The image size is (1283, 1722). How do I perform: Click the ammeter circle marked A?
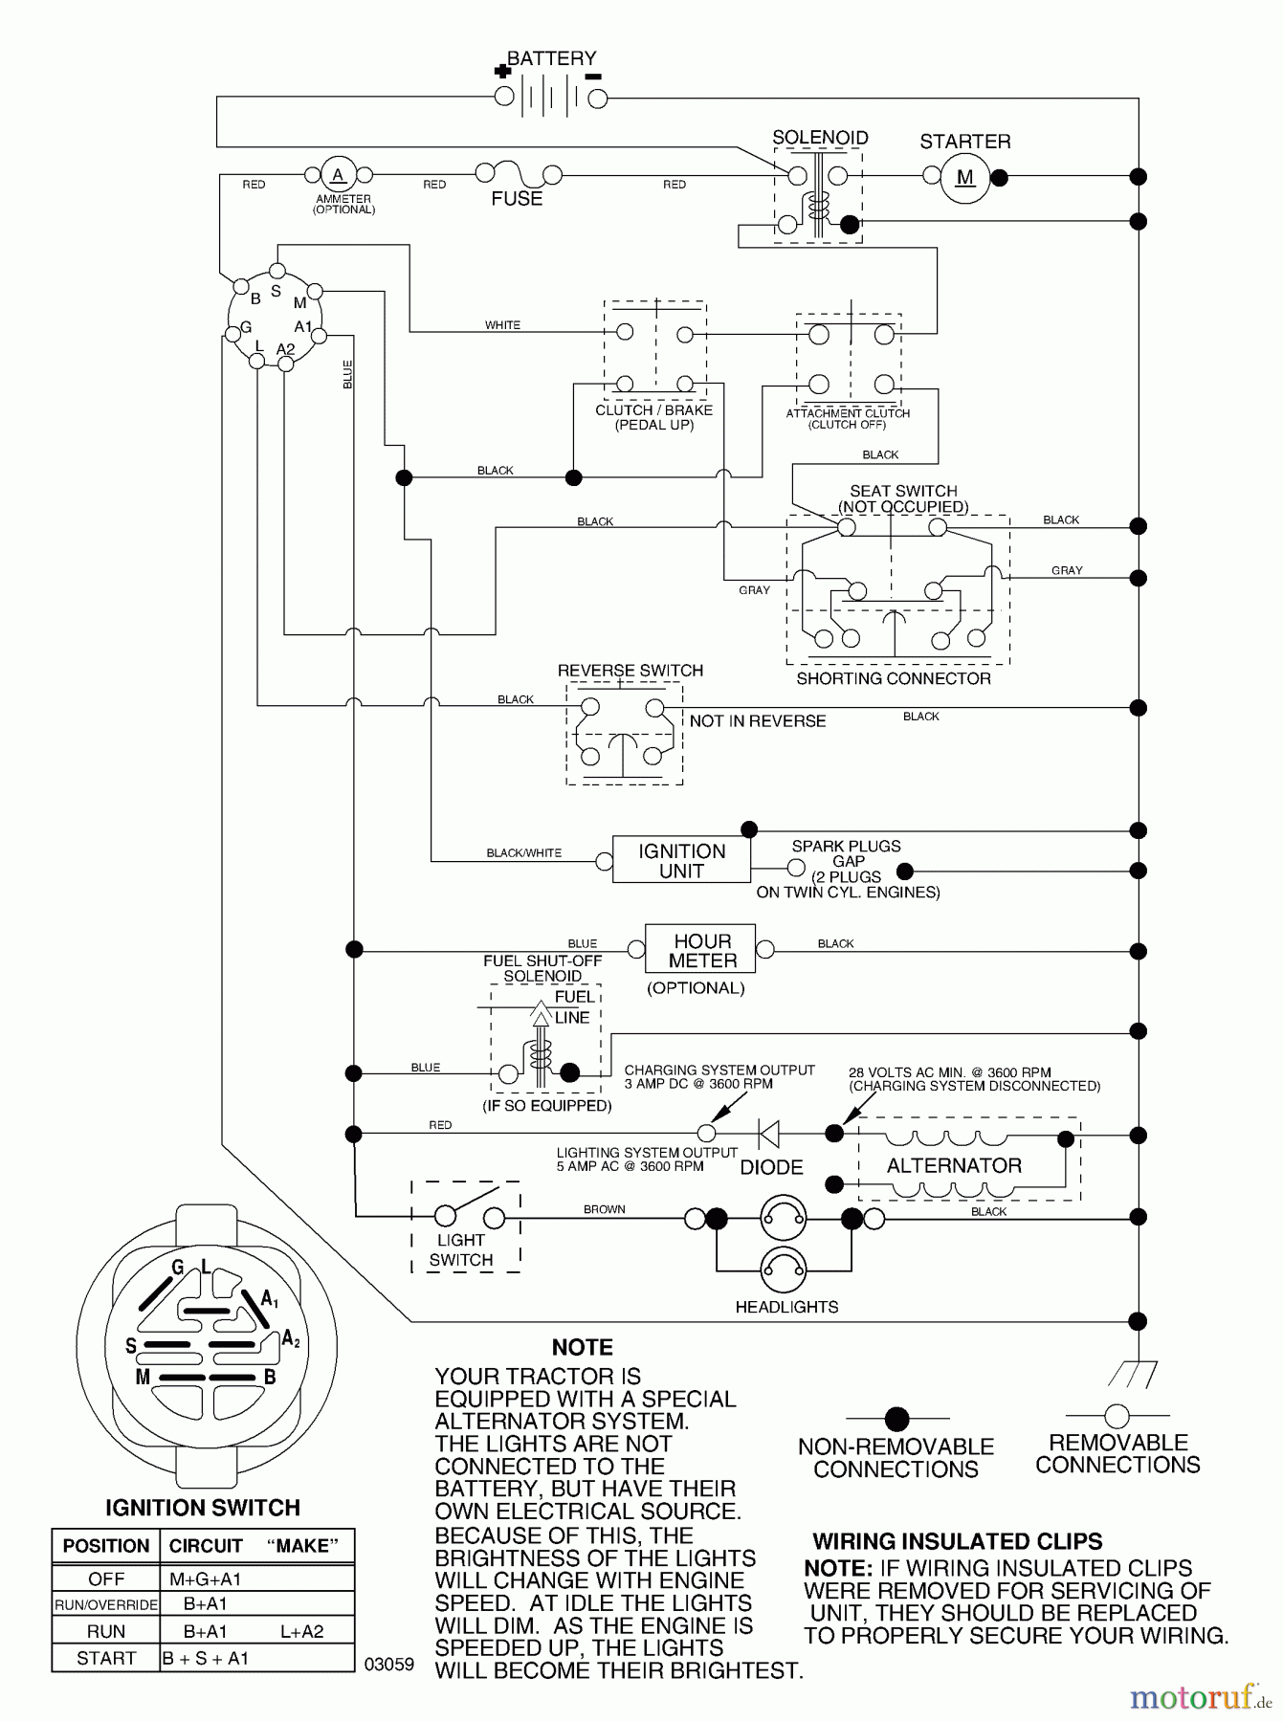337,175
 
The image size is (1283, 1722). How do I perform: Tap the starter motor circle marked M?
964,177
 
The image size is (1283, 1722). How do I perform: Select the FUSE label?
517,199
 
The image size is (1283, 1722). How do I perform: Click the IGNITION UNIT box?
681,861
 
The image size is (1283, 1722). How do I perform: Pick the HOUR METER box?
701,950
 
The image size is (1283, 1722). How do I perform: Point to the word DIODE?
771,1167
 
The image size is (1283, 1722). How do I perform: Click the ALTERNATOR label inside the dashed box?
954,1165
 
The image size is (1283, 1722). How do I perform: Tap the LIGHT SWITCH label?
461,1249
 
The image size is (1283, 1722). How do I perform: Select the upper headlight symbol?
783,1218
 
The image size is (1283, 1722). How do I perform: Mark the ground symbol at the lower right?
1133,1375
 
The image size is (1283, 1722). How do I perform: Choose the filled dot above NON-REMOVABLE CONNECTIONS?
896,1418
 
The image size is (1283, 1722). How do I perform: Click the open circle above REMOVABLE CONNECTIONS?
1117,1415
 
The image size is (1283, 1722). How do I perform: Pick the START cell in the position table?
106,1658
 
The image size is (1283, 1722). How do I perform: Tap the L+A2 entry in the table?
302,1631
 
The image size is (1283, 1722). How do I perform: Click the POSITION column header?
106,1546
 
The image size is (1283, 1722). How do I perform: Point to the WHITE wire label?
502,325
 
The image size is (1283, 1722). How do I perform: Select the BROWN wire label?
605,1209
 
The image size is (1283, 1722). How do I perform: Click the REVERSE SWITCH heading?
630,671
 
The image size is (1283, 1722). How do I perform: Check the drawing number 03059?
389,1665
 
